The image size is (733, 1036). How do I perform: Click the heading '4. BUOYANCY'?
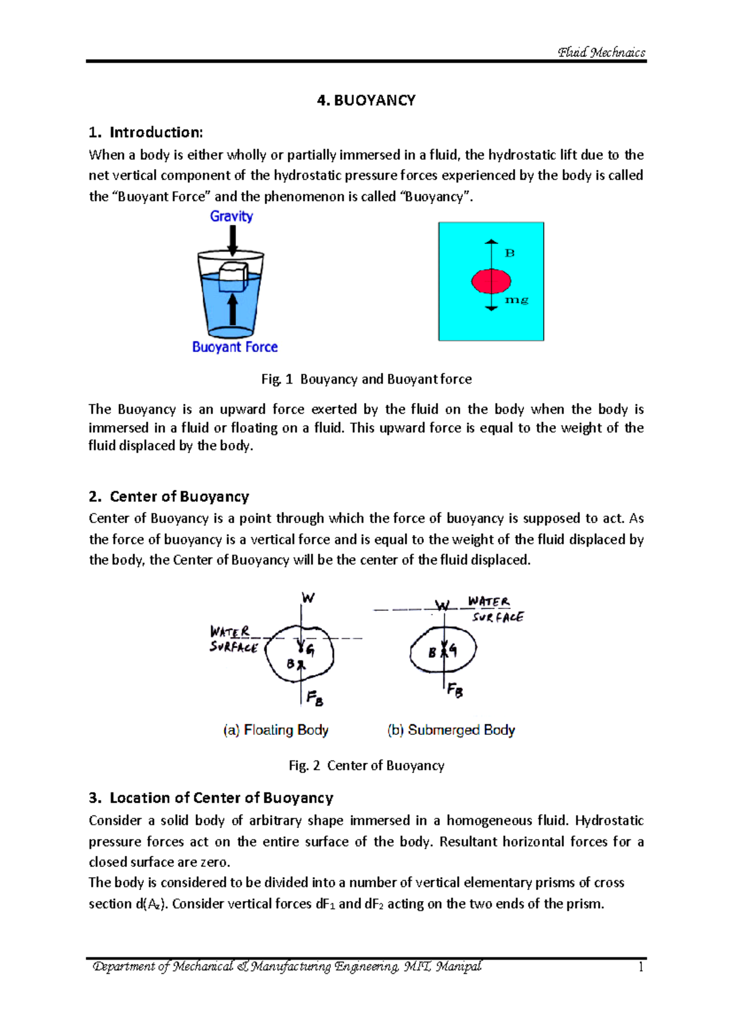click(366, 101)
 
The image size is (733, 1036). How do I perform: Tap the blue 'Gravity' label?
click(231, 216)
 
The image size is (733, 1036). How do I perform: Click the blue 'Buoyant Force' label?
click(235, 347)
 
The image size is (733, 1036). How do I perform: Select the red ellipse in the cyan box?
click(491, 281)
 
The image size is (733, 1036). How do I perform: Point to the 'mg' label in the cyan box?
click(516, 300)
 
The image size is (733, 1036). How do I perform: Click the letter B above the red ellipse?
click(509, 253)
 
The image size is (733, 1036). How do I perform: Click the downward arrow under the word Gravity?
click(232, 240)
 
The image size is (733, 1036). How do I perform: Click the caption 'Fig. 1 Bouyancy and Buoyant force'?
click(366, 379)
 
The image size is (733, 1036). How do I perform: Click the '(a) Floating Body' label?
click(275, 730)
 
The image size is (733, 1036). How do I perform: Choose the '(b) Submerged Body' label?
click(451, 730)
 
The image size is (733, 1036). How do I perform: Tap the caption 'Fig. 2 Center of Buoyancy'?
click(366, 765)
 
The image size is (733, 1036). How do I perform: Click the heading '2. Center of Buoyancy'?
click(169, 497)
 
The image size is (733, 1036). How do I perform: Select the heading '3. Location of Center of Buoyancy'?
click(211, 798)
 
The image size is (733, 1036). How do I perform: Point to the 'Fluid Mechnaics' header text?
click(601, 53)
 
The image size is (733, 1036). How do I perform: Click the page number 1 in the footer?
click(640, 967)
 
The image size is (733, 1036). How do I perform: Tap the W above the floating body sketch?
click(308, 598)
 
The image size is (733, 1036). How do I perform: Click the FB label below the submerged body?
click(454, 690)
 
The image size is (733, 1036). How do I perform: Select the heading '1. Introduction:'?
click(145, 133)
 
